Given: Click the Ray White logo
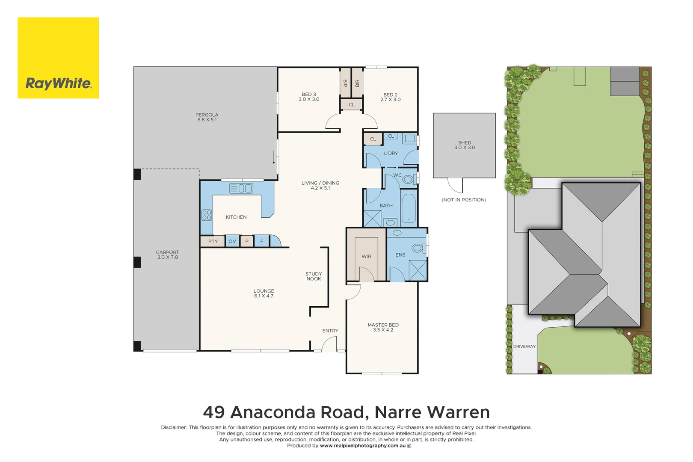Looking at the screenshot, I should tap(58, 58).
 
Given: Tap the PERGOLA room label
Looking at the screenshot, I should tap(207, 117).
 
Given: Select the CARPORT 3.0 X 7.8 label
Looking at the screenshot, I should tap(167, 255).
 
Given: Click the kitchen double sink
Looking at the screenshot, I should tap(241, 188).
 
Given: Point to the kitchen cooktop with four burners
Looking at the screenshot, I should tap(207, 215).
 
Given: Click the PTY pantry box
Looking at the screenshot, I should tap(213, 242).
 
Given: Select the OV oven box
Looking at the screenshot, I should tap(232, 242).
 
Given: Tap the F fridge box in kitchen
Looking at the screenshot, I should tap(262, 242).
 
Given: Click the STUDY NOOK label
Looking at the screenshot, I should tap(314, 276).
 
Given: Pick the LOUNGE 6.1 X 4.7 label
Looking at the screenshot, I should tap(264, 293).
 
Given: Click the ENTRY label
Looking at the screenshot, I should tap(330, 331).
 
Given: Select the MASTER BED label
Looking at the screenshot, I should tap(383, 327).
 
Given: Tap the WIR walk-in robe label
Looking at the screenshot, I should tap(366, 257).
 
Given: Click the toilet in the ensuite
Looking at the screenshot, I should tap(417, 248).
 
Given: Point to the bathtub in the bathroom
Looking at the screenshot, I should tap(409, 208).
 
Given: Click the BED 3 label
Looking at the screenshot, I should tap(309, 97).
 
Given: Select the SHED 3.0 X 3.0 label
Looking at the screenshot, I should tap(465, 145).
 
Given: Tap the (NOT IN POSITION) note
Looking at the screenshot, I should tap(464, 200).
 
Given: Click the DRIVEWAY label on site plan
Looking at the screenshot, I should tap(524, 346).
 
